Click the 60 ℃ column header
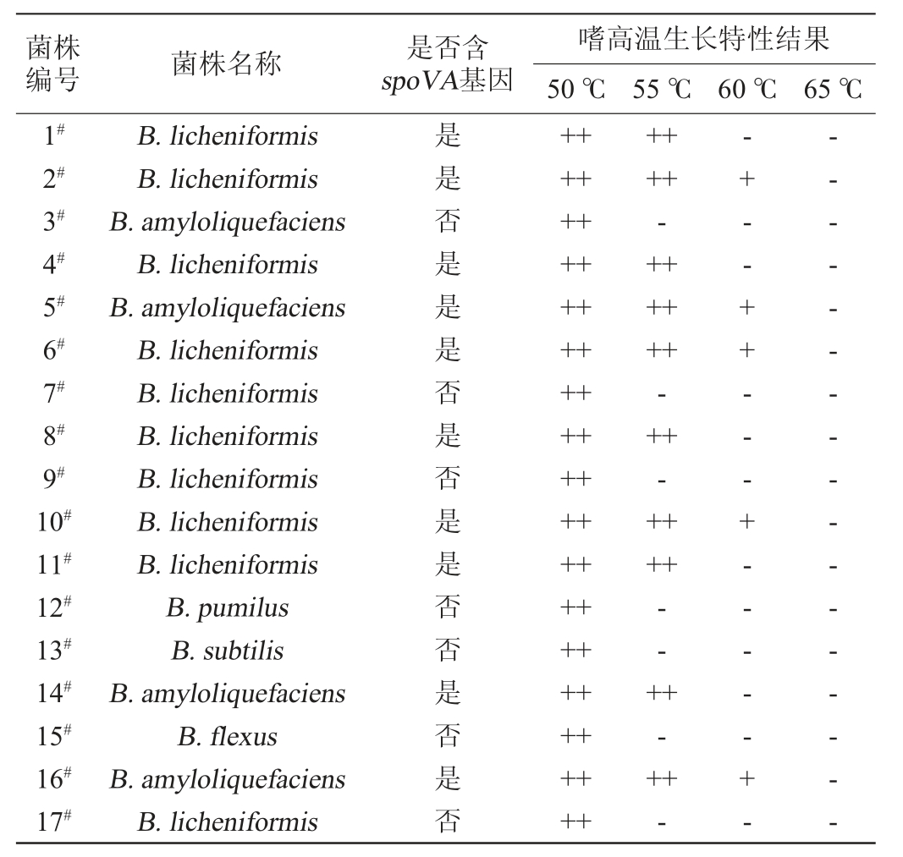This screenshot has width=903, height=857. (746, 89)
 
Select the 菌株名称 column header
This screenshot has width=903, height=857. (227, 64)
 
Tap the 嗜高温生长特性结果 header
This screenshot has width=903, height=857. (703, 40)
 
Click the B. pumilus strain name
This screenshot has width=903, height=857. (227, 607)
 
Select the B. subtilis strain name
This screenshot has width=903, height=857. (227, 651)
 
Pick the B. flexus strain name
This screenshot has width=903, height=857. (227, 736)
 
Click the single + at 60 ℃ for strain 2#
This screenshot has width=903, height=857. (746, 179)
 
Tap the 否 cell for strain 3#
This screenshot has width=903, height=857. (447, 222)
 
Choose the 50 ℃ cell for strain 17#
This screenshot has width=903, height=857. (575, 821)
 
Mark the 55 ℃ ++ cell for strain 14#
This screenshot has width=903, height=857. (661, 694)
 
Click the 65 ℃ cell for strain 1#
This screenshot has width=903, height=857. (834, 136)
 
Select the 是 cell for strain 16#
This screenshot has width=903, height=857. (447, 779)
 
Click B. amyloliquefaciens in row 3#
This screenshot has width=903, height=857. (227, 222)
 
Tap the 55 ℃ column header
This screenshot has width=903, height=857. (661, 89)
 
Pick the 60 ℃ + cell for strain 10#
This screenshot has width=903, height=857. (746, 522)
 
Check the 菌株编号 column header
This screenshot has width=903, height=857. (52, 64)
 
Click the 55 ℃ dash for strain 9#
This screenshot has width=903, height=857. (661, 480)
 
